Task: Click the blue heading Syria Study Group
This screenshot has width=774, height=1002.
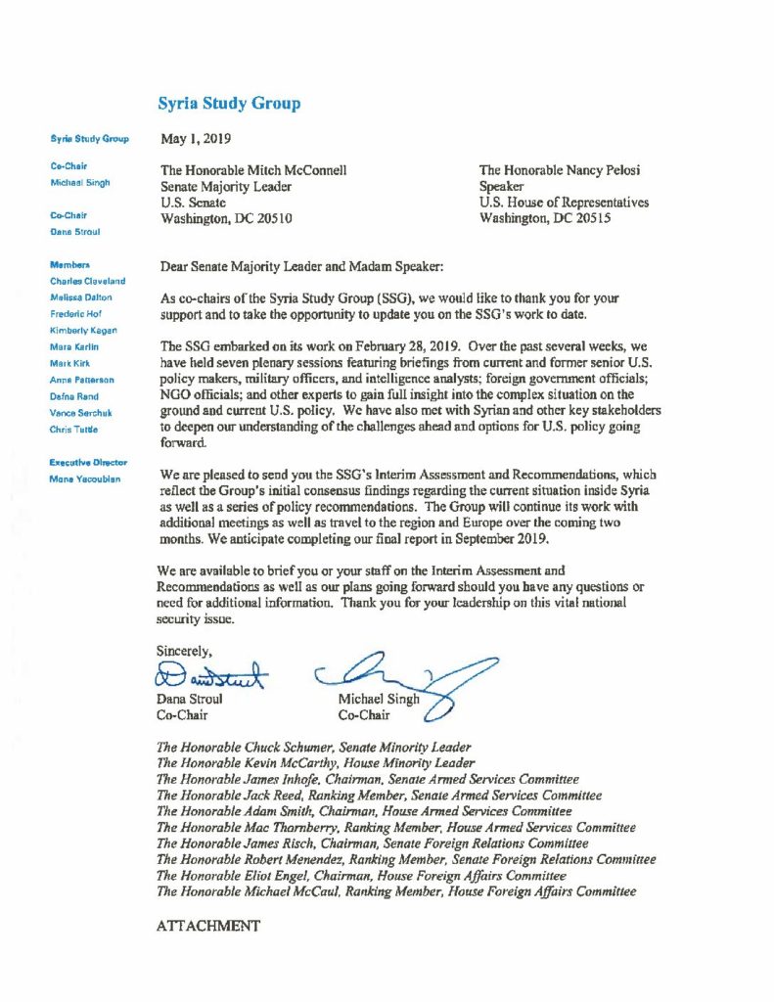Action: (229, 104)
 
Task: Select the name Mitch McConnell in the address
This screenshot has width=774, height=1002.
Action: (296, 170)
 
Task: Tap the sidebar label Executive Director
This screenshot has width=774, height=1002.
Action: (88, 462)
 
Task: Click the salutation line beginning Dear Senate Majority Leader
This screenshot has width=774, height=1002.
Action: (298, 265)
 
